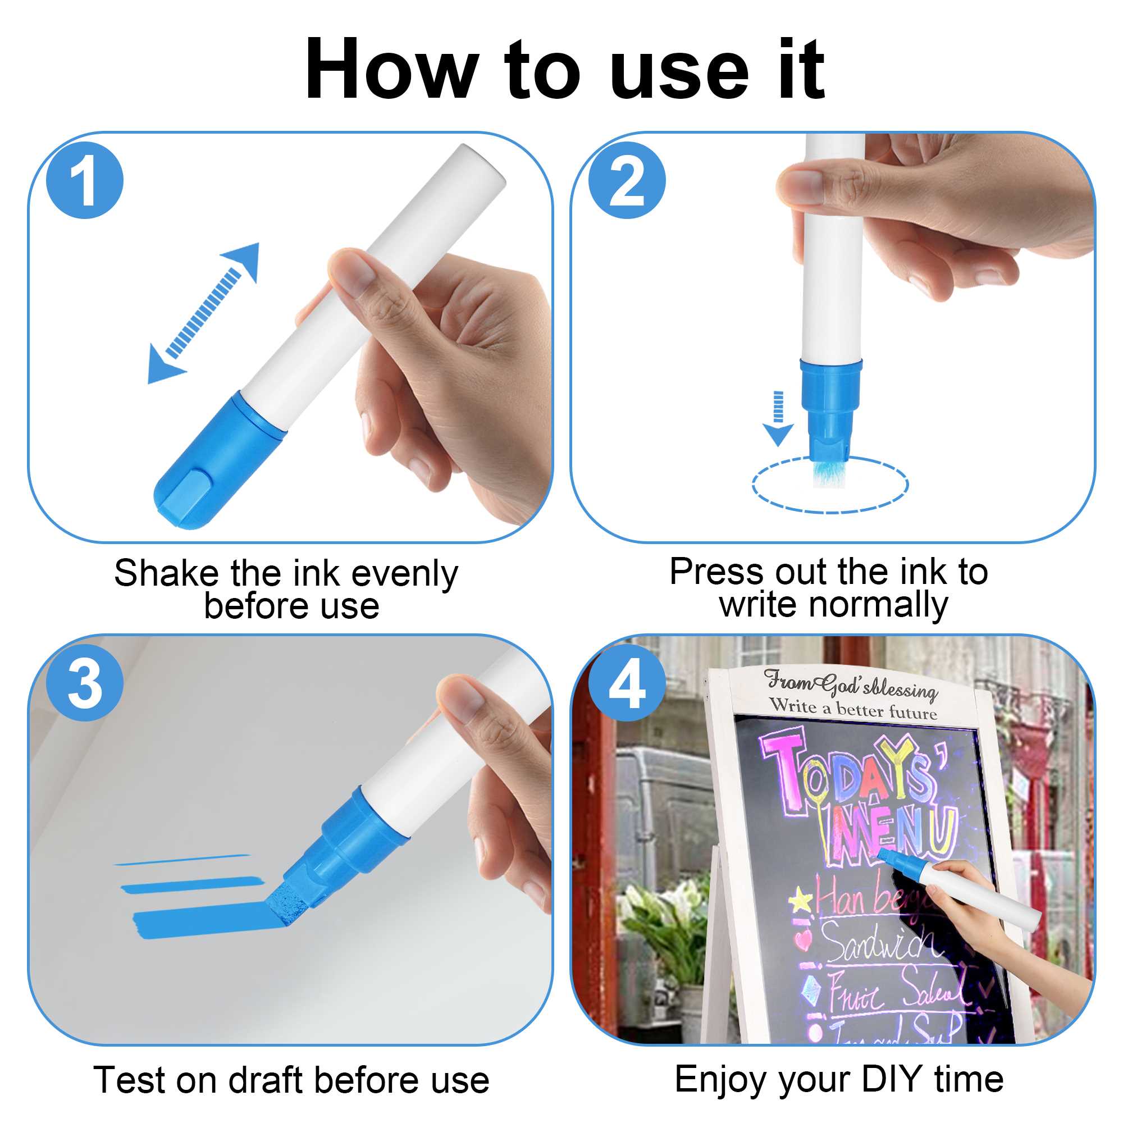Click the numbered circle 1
pos(85,181)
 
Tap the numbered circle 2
pos(627,181)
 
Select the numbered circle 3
pos(85,683)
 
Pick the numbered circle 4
pos(627,683)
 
